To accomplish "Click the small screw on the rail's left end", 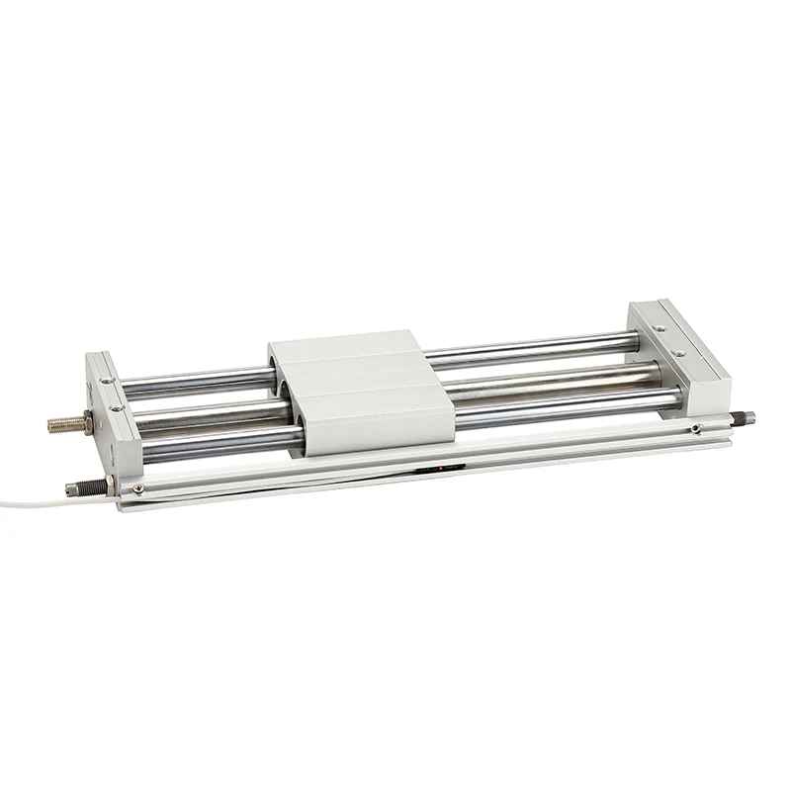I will (x=137, y=487).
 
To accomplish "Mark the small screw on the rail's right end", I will (x=696, y=428).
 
